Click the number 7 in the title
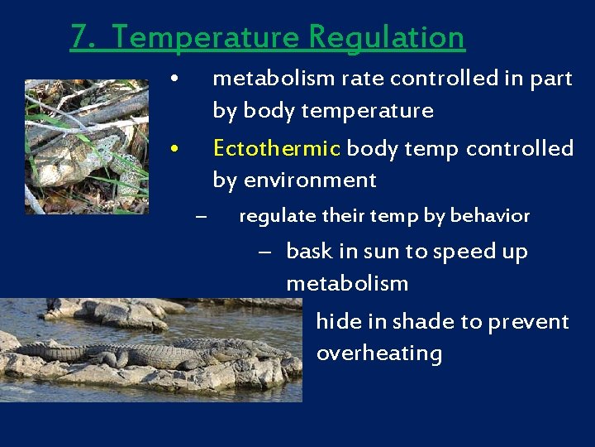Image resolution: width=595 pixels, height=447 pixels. pos(78,37)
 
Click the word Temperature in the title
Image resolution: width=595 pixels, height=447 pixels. pos(205,37)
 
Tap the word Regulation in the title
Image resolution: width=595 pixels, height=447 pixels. pos(387,37)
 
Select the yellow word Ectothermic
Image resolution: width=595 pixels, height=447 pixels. pos(276,149)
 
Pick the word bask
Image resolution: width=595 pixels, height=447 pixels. pos(307,252)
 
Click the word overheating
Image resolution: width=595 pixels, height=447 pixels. pos(378,353)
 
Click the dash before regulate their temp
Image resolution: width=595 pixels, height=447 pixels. pos(199,217)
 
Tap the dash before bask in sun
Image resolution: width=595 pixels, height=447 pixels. pos(264,252)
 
